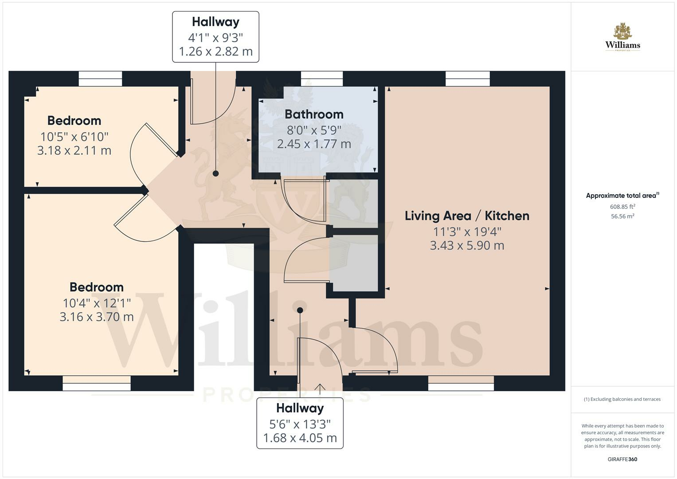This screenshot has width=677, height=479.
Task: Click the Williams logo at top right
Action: (x=622, y=38)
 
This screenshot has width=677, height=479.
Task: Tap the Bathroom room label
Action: (x=314, y=114)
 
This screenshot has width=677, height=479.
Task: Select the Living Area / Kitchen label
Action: (x=467, y=216)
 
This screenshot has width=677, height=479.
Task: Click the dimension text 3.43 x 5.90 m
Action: (x=467, y=245)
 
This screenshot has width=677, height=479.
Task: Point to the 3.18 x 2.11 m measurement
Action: (x=74, y=150)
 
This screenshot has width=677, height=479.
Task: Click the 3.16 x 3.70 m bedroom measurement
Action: (x=97, y=317)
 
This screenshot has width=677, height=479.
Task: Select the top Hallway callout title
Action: (x=215, y=22)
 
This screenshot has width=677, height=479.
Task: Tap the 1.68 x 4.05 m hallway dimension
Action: (x=300, y=438)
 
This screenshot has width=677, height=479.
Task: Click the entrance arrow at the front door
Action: (x=320, y=388)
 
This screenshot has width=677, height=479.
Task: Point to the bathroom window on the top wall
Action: (x=322, y=79)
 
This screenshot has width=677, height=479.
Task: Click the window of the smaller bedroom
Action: (x=100, y=79)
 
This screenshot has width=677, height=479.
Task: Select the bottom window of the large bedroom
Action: (x=97, y=383)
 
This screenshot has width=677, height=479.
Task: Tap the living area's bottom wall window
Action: (x=461, y=383)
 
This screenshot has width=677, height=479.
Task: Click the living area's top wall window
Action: (x=468, y=79)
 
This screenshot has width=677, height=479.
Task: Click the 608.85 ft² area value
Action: (x=622, y=207)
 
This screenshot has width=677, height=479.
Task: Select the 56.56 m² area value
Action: (x=622, y=216)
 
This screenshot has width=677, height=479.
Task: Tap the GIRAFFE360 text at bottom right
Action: (x=622, y=459)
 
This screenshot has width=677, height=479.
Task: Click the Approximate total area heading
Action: (x=622, y=196)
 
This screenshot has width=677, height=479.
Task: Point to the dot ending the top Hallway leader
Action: (x=216, y=174)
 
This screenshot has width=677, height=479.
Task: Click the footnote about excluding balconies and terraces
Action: (x=622, y=399)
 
